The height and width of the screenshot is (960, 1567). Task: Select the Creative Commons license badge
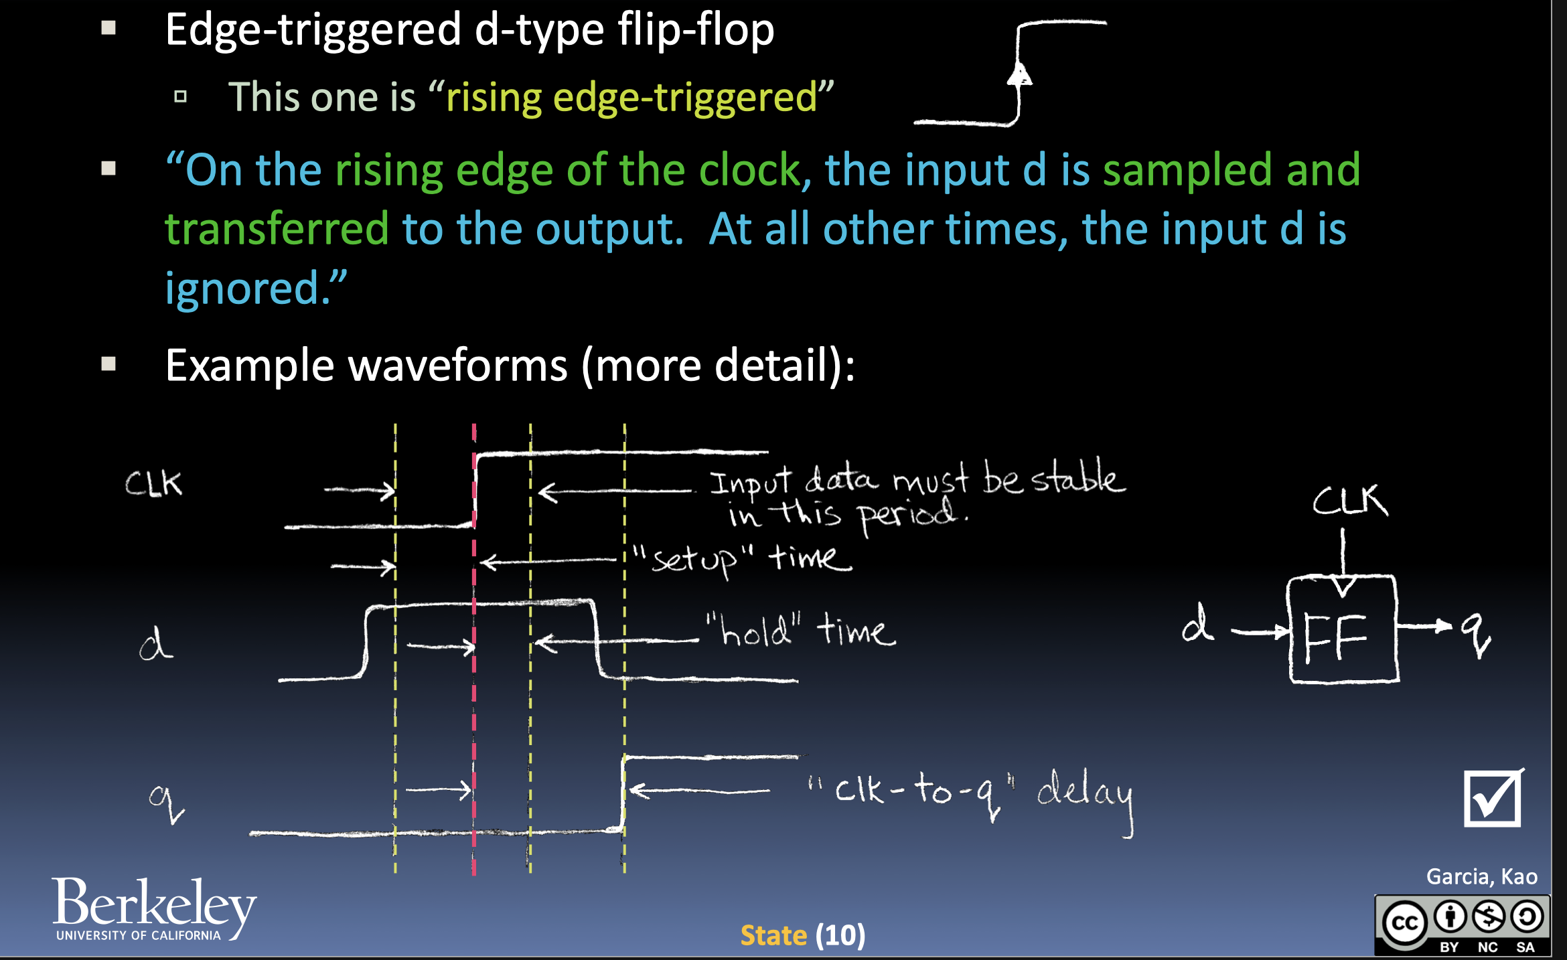(x=1463, y=925)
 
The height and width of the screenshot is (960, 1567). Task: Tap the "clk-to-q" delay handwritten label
(x=971, y=797)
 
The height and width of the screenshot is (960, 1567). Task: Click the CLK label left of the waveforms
(x=153, y=483)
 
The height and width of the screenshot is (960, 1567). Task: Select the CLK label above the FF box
(x=1350, y=500)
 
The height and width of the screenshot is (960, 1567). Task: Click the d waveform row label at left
(x=156, y=643)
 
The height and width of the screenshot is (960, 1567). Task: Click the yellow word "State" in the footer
(x=773, y=935)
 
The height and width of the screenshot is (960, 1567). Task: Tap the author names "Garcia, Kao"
(x=1482, y=876)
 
